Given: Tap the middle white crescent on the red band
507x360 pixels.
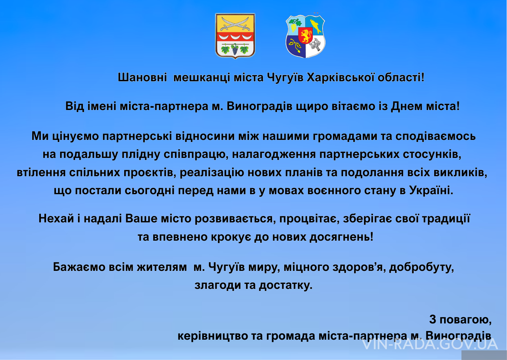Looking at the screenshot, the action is (235, 37).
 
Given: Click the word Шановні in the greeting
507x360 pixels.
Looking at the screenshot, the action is (142, 78).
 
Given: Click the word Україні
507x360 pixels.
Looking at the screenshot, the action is (431, 190).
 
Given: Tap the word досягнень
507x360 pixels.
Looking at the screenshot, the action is (342, 237).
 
